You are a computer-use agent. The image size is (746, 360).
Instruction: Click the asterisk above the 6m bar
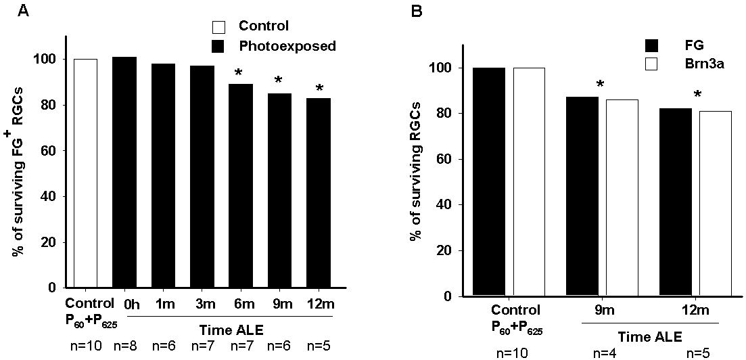click(237, 72)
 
